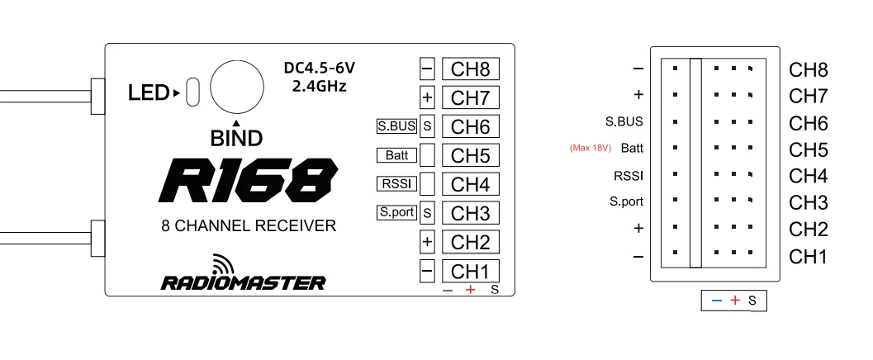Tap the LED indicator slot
pos(193,92)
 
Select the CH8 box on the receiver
pos(471,69)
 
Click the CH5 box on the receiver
pos(471,155)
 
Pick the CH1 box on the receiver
pos(471,271)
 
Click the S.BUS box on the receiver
pos(396,126)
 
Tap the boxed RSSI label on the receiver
pos(396,183)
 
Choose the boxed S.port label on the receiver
pos(396,212)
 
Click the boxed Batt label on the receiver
pos(396,155)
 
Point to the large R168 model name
pos(249,180)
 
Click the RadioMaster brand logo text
pos(243,282)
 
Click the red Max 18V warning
pos(589,149)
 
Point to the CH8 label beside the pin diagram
pos(808,70)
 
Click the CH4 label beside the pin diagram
pos(808,176)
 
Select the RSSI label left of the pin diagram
pos(629,175)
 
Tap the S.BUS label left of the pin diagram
pos(624,121)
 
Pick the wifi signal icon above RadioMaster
pos(222,263)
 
